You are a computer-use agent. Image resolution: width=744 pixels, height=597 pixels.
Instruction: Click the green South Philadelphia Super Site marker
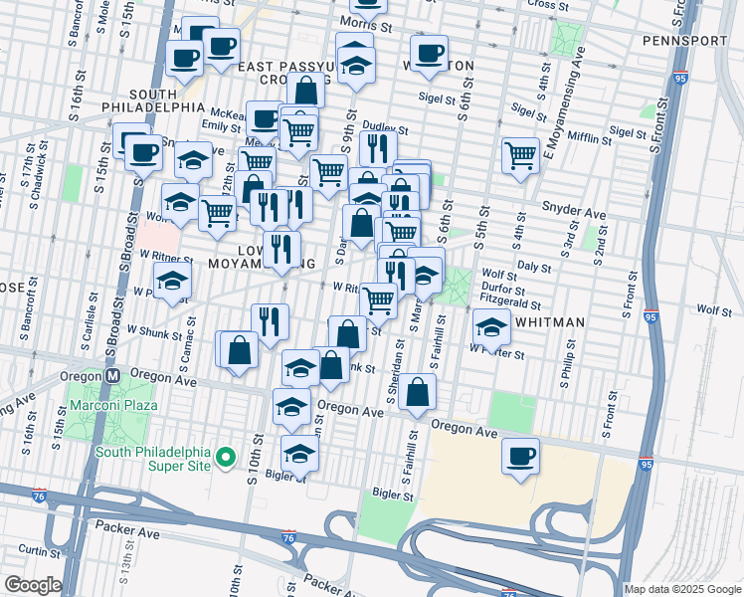(x=227, y=458)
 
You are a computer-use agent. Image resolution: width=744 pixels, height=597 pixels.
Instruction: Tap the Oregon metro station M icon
(x=113, y=376)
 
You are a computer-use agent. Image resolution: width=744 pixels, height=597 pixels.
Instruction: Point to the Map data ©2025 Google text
(x=681, y=589)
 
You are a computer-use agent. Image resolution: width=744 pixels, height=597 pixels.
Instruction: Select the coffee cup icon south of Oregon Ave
(x=520, y=456)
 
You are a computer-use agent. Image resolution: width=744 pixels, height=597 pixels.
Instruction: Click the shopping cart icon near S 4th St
(x=520, y=155)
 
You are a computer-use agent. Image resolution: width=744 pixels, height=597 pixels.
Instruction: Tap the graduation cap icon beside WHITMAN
(x=491, y=325)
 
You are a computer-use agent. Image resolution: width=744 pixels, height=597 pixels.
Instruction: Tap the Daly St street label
(x=534, y=267)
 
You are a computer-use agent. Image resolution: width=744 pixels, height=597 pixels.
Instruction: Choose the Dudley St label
(x=385, y=128)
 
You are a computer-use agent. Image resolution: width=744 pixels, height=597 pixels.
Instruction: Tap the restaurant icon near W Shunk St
(x=270, y=320)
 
